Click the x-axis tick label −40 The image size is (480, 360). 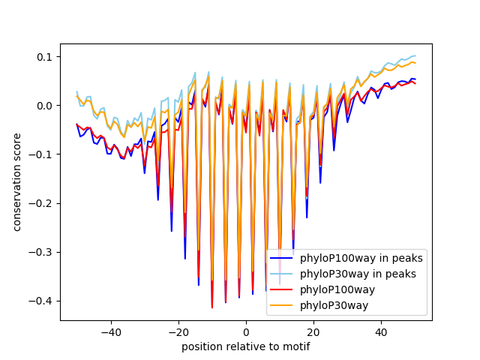[x=110, y=331]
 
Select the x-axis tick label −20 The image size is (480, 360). [x=178, y=331]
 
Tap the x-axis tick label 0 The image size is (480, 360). [x=246, y=331]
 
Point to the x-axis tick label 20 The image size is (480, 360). [x=313, y=331]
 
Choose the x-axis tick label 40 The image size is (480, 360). [x=381, y=331]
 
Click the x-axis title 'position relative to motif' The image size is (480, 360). [x=245, y=346]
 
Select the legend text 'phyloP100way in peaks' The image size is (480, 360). [x=361, y=259]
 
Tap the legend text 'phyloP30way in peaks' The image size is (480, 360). [x=358, y=274]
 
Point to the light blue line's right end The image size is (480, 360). [x=415, y=55]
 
